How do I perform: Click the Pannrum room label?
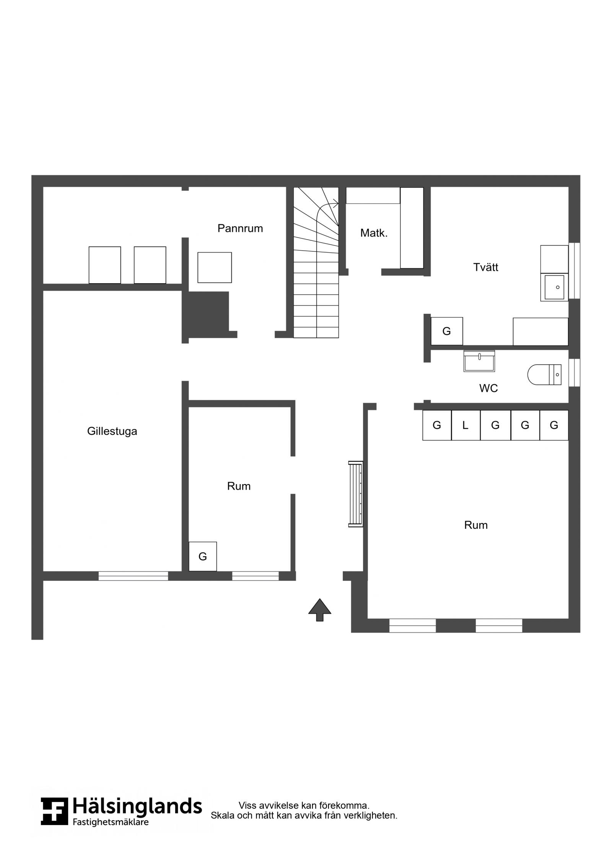pyautogui.click(x=240, y=228)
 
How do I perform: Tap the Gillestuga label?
pyautogui.click(x=112, y=431)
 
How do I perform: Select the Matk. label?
pyautogui.click(x=374, y=233)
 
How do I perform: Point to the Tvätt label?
pyautogui.click(x=486, y=267)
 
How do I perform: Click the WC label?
pyautogui.click(x=488, y=388)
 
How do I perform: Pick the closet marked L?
pyautogui.click(x=466, y=425)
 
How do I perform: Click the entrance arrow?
pyautogui.click(x=320, y=610)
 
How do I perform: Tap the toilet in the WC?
pyautogui.click(x=544, y=375)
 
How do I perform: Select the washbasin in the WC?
pyautogui.click(x=479, y=361)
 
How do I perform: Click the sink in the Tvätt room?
pyautogui.click(x=554, y=287)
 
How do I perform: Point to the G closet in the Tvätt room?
pyautogui.click(x=447, y=331)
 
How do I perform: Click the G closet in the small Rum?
pyautogui.click(x=203, y=556)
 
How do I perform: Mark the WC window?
pyautogui.click(x=574, y=373)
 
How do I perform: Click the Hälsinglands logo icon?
pyautogui.click(x=55, y=811)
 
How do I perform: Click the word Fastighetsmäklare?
pyautogui.click(x=111, y=822)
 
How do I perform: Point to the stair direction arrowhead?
pyautogui.click(x=336, y=204)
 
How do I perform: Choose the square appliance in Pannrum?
pyautogui.click(x=215, y=267)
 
